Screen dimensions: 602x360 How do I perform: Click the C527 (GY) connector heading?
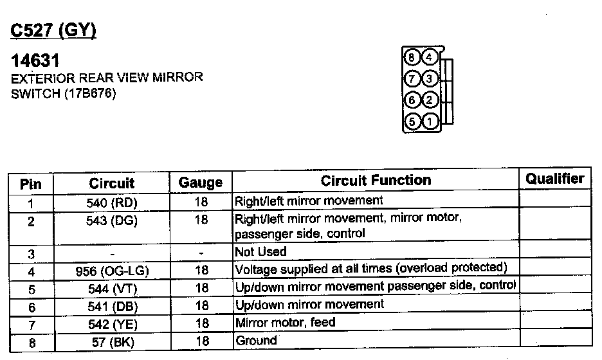(54, 30)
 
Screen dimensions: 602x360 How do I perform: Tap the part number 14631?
(36, 61)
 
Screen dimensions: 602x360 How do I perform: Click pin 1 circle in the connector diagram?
(430, 120)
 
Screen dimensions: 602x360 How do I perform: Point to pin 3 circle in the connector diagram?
(430, 78)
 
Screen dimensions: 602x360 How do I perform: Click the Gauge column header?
(201, 183)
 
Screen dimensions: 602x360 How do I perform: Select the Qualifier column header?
(554, 179)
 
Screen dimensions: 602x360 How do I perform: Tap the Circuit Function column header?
(376, 181)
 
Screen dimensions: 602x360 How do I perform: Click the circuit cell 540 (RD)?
(112, 203)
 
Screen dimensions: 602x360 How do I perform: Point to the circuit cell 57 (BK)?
(112, 343)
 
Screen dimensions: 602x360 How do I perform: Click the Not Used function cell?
(260, 251)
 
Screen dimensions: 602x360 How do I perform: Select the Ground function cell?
(256, 341)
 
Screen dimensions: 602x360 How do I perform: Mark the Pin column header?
(31, 184)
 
